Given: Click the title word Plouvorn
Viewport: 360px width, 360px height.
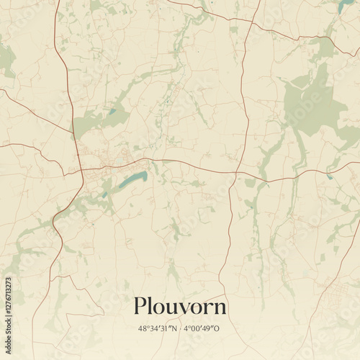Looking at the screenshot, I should click(179, 307).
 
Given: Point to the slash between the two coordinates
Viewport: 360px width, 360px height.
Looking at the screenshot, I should click(181, 328).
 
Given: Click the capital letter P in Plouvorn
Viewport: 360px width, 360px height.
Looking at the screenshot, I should click(140, 306).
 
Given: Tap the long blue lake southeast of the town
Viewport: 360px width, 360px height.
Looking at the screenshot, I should click(132, 179).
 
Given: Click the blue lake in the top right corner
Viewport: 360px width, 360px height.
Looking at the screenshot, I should click(346, 6).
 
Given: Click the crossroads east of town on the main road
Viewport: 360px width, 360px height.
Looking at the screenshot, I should click(236, 174).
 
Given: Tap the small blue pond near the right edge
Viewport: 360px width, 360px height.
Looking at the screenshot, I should click(330, 176).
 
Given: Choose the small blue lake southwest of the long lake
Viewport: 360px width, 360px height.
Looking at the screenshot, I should click(104, 194).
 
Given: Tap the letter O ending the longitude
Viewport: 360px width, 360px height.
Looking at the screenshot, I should click(225, 328).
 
